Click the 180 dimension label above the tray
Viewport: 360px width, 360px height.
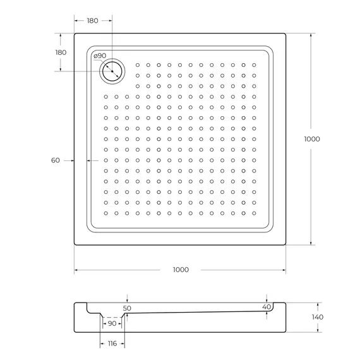click(92, 21)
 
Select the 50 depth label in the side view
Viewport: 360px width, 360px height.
click(127, 308)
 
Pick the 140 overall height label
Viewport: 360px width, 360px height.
click(317, 317)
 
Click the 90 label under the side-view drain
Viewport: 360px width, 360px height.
click(112, 323)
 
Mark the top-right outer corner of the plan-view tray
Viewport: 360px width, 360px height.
click(285, 33)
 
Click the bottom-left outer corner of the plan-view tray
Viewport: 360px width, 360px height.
click(75, 244)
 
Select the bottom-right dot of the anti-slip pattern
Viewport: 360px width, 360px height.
click(253, 213)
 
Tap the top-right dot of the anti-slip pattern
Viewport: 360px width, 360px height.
click(253, 64)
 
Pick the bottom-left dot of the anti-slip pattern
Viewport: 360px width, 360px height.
click(105, 213)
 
